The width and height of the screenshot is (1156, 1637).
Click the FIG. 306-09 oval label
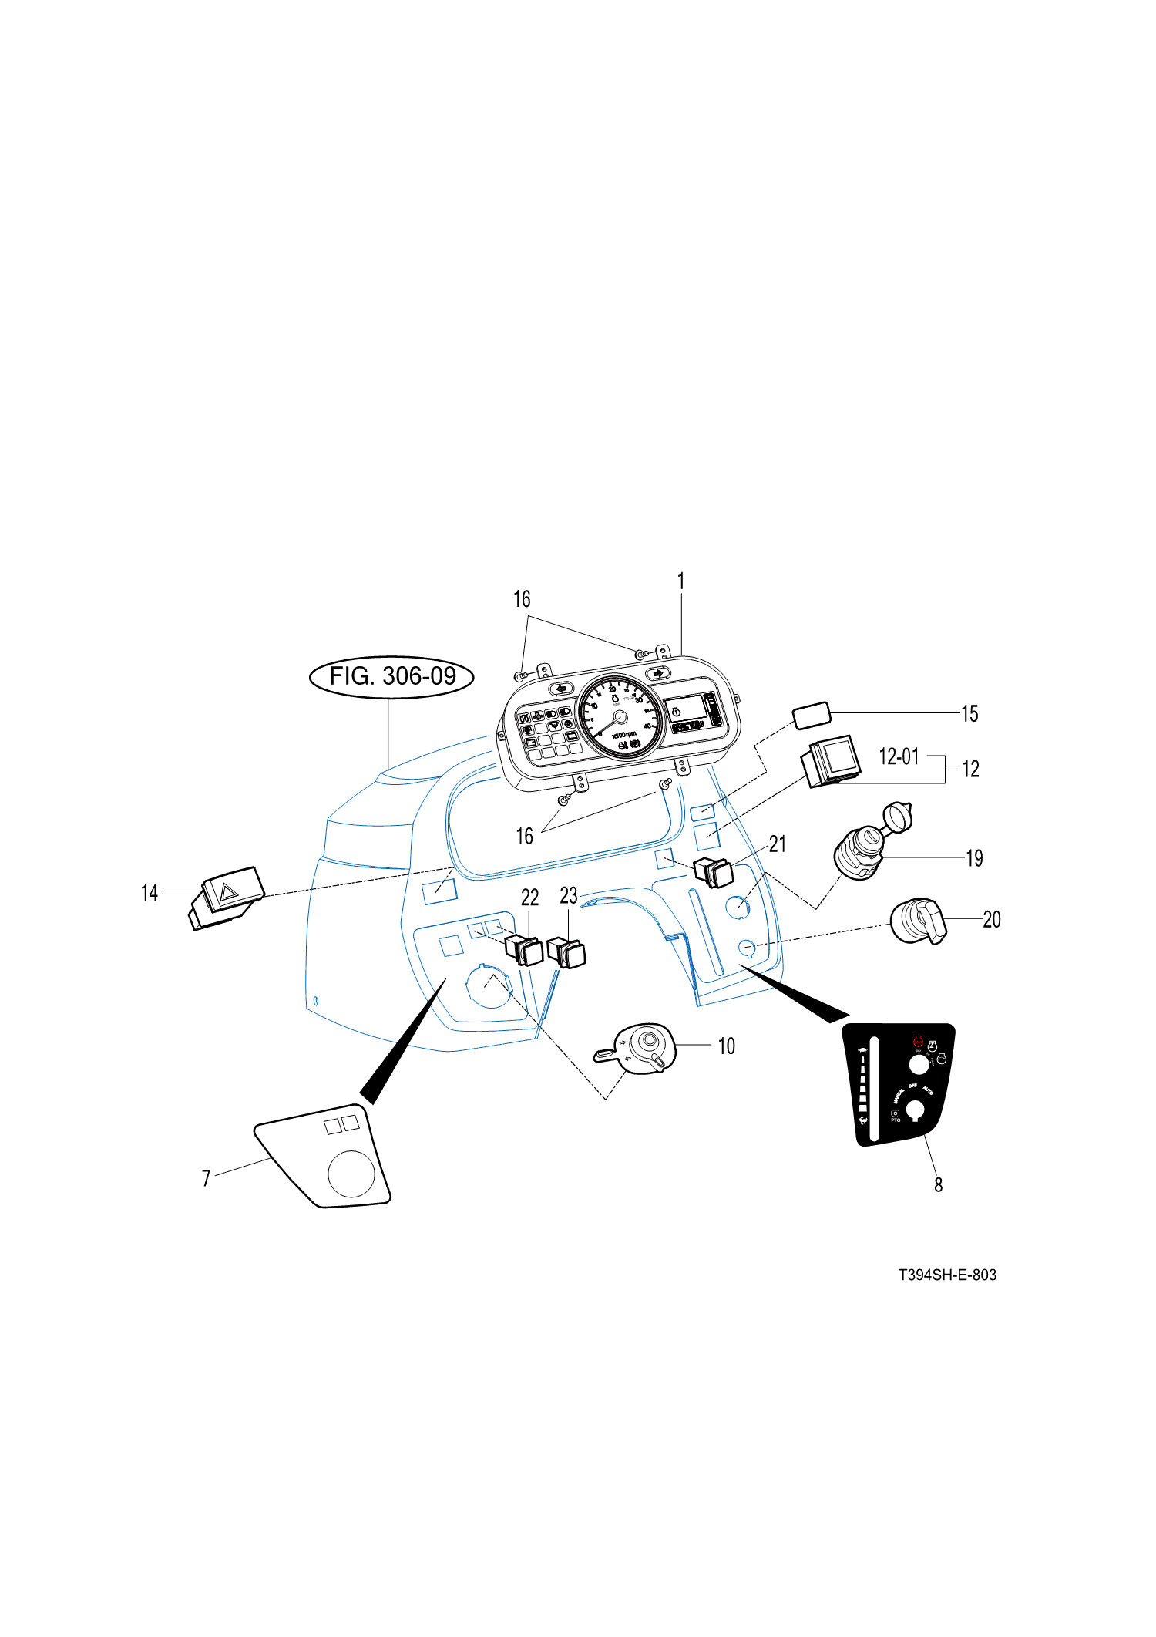point(391,676)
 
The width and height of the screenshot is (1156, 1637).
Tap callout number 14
point(149,893)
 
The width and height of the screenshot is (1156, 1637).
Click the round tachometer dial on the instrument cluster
point(620,716)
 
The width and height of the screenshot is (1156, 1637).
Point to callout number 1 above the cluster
point(680,581)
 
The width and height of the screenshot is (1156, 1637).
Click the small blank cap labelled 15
point(812,716)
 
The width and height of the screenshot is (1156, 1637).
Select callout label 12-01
point(899,756)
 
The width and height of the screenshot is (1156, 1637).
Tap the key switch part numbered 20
point(917,922)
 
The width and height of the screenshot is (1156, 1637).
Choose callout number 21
point(778,844)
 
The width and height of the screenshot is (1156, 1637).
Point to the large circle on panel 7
point(351,1173)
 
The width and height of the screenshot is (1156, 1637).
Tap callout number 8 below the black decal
point(938,1184)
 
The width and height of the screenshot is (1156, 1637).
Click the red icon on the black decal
point(917,1041)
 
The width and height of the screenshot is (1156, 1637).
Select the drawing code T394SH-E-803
point(947,1275)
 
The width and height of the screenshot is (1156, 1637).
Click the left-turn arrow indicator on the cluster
point(561,688)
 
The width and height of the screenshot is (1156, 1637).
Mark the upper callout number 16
point(522,599)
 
